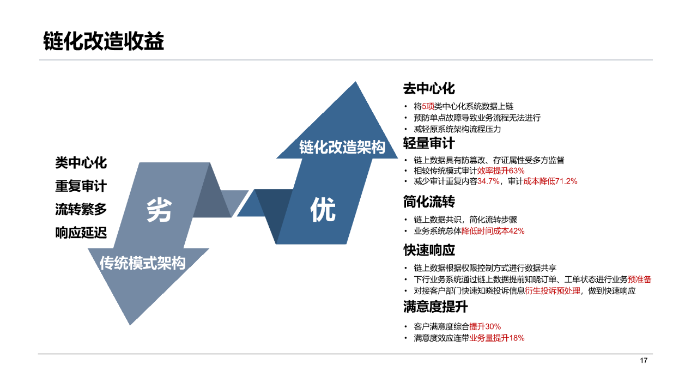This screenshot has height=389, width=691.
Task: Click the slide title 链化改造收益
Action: (x=104, y=41)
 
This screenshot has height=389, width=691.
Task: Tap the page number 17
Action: (x=644, y=360)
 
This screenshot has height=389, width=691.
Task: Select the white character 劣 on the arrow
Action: (x=159, y=210)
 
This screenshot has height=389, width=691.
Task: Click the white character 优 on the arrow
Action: (x=323, y=210)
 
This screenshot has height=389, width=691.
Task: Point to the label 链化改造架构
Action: (x=342, y=147)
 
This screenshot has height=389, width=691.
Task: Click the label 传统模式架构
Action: (x=143, y=263)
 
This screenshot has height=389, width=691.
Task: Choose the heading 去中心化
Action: (x=429, y=89)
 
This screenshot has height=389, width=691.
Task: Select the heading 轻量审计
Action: (x=429, y=143)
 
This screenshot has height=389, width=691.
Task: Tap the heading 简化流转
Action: (x=429, y=202)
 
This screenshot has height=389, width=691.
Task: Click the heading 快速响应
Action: (x=429, y=250)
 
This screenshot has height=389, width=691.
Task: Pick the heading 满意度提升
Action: (x=435, y=307)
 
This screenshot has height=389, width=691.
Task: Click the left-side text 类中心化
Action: (x=81, y=163)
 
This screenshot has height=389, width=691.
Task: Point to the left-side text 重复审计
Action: (x=81, y=186)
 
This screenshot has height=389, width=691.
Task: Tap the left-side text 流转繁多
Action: (x=81, y=209)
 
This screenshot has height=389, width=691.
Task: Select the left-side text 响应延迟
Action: (x=81, y=233)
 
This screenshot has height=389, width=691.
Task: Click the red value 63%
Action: (x=517, y=171)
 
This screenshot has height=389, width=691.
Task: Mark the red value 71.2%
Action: (x=566, y=181)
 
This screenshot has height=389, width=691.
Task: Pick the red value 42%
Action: (x=517, y=231)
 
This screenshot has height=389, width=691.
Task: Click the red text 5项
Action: (x=428, y=106)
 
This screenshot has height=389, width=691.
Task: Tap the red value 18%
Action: (x=517, y=338)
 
